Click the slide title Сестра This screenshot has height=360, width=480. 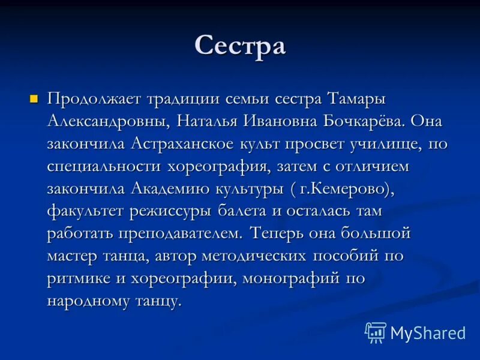(240, 47)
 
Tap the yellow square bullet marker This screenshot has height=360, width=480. (34, 98)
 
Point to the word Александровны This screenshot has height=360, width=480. (109, 122)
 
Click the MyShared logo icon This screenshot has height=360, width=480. (376, 332)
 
